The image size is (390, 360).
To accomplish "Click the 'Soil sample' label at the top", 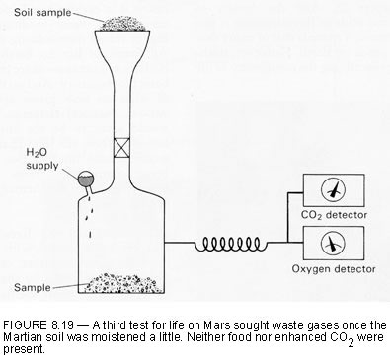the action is point(42,13).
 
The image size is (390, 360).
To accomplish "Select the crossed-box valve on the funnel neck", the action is point(121,148).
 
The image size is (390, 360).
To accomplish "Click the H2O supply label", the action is point(41,159).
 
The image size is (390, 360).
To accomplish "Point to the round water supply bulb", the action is point(86,179).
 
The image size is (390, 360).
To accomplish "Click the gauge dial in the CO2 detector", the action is point(333,190).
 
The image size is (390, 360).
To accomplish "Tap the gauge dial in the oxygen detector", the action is point(333,244).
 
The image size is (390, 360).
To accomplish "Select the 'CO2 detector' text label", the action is point(334,215).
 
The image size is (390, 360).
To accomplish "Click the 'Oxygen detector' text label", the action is point(334,269).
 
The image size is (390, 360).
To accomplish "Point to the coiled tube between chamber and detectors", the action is point(230,244).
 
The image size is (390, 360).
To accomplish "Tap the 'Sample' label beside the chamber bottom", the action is point(33,287).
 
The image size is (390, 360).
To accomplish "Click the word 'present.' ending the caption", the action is point(24,349).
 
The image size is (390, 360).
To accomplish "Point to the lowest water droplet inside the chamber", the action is point(90,234).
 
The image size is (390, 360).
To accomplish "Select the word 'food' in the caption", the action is point(233,337).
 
